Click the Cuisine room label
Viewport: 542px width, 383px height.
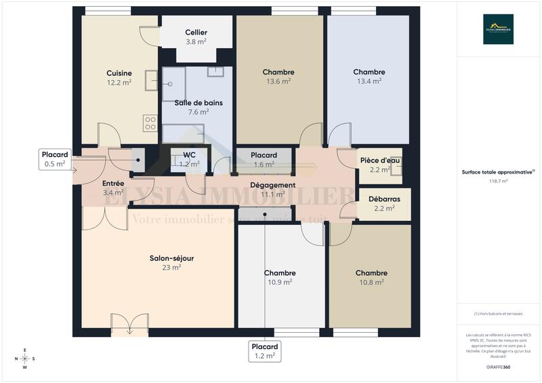[x=119, y=73]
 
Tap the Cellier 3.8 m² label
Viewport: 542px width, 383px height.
[x=196, y=37]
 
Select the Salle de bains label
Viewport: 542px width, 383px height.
[x=199, y=103]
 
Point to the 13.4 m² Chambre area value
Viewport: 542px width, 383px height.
[x=369, y=80]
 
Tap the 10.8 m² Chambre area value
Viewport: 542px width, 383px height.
[x=371, y=281]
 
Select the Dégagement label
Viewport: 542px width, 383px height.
[x=272, y=185]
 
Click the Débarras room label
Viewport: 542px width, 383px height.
[x=384, y=199]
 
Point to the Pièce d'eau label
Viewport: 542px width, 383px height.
[x=380, y=161]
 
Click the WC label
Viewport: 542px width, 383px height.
[x=189, y=155]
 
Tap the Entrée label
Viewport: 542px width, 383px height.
[x=113, y=184]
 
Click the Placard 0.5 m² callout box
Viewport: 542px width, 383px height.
[x=55, y=159]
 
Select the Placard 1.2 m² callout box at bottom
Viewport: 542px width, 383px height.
[x=264, y=350]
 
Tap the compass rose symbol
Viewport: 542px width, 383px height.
[x=25, y=359]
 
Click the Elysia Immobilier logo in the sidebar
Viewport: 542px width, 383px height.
[x=498, y=29]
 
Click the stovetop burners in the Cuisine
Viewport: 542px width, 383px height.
[x=150, y=123]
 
